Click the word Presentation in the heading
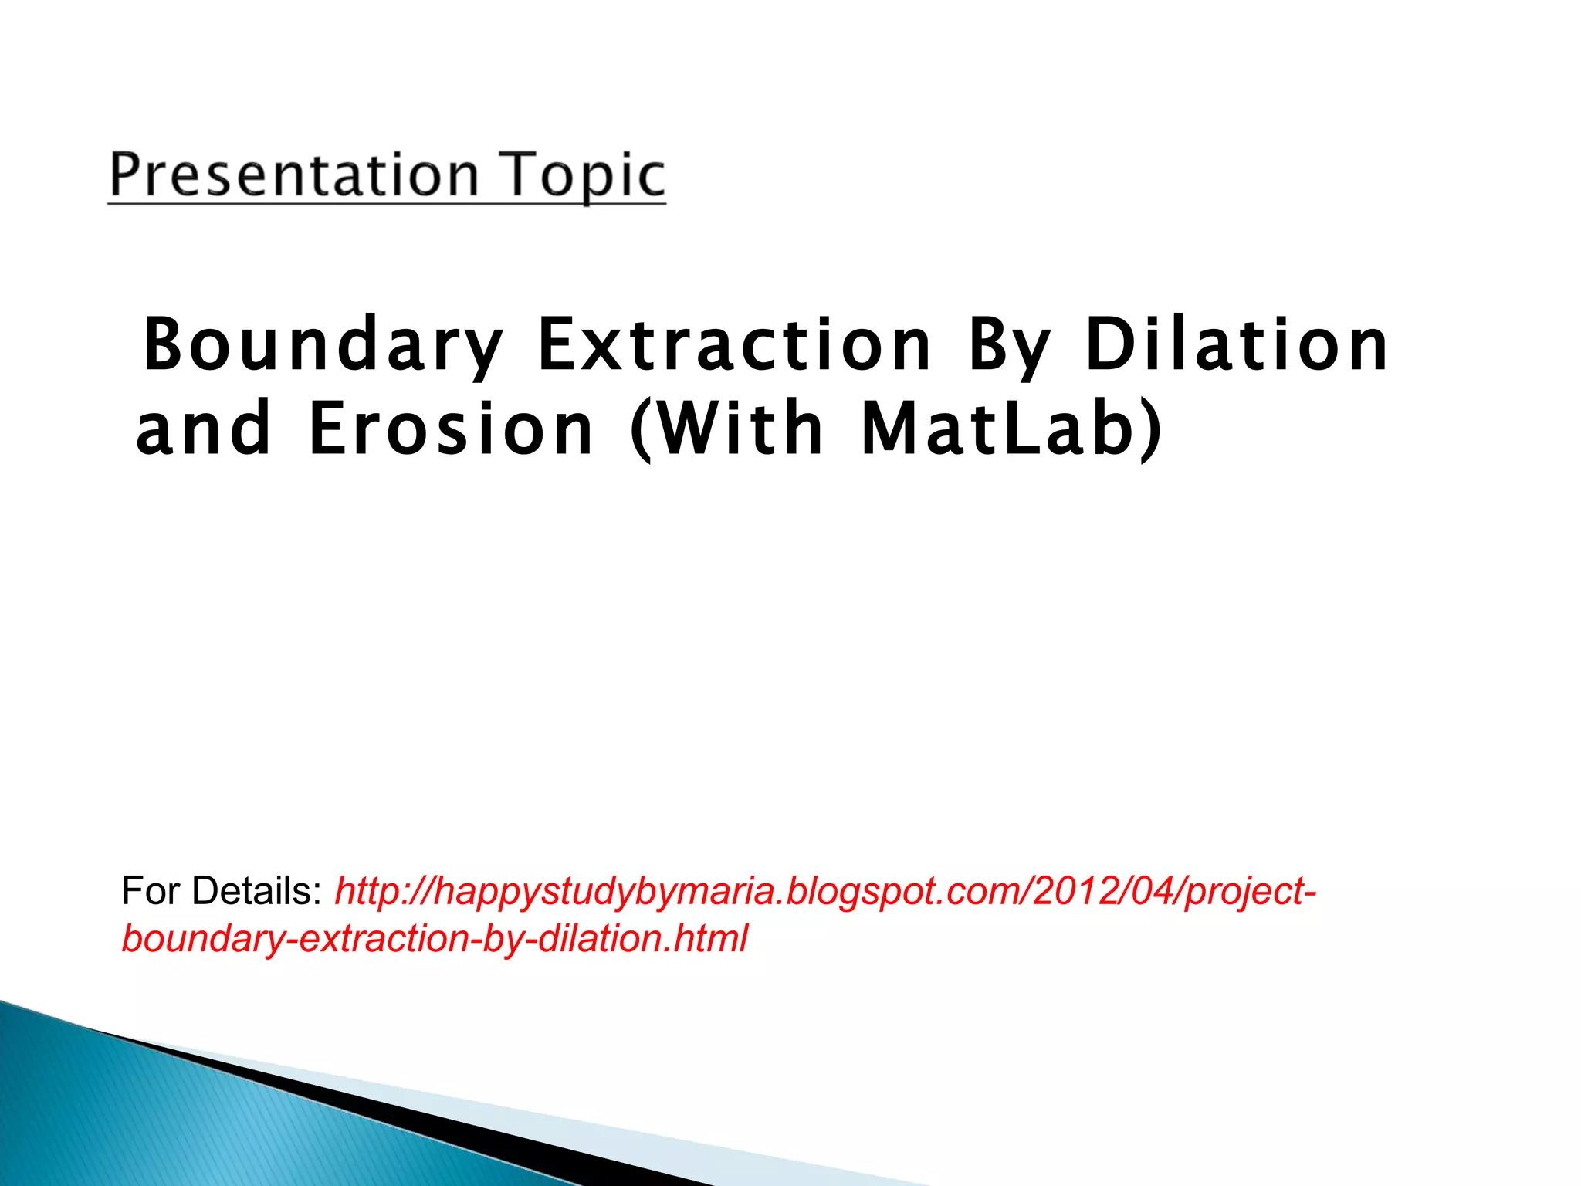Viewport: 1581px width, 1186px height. [294, 175]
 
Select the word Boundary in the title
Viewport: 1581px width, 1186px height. [323, 345]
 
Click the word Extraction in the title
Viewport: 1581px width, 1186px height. [734, 345]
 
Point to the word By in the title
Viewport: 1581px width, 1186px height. [1009, 345]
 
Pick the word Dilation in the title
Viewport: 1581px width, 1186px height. [1236, 345]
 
